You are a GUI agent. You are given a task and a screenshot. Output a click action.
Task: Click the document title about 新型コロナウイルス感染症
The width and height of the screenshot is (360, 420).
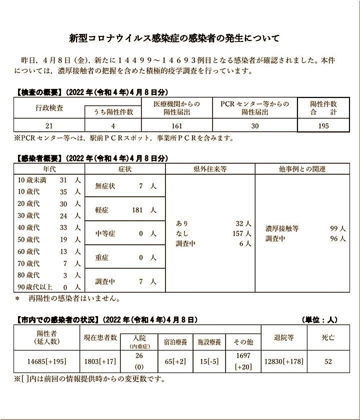click(174, 38)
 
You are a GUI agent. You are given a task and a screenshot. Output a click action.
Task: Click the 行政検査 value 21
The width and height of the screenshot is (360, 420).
click(48, 126)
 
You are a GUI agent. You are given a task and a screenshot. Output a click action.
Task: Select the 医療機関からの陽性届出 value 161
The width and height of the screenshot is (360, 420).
click(176, 126)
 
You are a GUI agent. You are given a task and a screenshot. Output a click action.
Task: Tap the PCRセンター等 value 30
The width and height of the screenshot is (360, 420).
click(254, 126)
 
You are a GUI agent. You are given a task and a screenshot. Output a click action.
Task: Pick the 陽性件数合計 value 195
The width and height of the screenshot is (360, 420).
click(323, 126)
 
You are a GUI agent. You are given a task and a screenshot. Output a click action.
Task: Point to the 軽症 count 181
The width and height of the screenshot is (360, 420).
click(137, 210)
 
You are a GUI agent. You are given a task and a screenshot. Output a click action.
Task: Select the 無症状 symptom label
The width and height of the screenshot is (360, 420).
click(105, 186)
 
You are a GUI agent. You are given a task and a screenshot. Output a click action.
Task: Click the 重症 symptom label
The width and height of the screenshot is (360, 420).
click(102, 258)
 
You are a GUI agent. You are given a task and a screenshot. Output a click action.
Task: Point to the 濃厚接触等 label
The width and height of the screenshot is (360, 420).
click(282, 228)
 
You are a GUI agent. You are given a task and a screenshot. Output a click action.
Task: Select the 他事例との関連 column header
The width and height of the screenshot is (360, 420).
click(301, 169)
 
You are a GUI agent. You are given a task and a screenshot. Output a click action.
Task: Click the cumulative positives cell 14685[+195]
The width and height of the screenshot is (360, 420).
click(47, 362)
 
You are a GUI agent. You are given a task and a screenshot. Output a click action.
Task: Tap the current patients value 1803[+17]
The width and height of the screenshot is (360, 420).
click(99, 362)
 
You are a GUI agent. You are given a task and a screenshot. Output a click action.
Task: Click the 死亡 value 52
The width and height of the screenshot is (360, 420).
click(328, 362)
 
